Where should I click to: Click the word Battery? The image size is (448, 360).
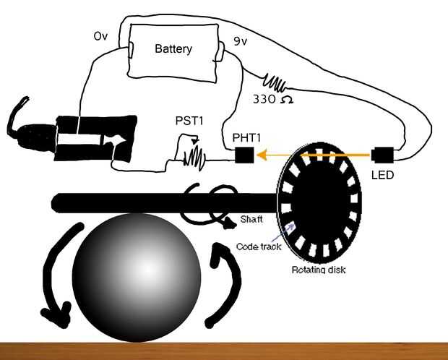point(173,49)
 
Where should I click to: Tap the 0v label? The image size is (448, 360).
point(100,35)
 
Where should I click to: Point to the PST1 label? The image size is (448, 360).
point(190,121)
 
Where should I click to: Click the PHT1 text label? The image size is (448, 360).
point(247,137)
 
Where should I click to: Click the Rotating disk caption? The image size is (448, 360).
point(319,270)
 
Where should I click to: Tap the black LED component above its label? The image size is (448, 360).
point(382,155)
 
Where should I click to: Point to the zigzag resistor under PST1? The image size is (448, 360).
point(194,155)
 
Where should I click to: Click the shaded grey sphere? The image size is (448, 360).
point(137,277)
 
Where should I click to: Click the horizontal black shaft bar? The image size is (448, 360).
point(145,202)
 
